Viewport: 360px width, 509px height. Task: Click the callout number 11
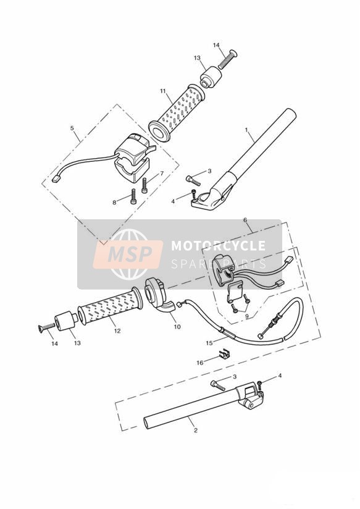pos(162,91)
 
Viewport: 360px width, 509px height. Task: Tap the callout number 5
pos(72,128)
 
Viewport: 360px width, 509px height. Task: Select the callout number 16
pos(200,363)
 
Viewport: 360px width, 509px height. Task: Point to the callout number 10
pos(177,327)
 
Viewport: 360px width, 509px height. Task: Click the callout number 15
pos(209,343)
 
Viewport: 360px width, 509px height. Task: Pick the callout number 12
pos(117,330)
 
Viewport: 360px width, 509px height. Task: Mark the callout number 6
pos(245,220)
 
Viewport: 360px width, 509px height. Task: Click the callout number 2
pos(195,431)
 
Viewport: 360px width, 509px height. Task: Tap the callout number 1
pos(246,130)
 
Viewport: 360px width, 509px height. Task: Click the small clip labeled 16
pos(222,355)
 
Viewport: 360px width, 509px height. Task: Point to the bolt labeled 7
pos(144,185)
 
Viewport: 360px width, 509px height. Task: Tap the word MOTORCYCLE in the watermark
pos(218,245)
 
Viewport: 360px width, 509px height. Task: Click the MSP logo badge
pos(128,254)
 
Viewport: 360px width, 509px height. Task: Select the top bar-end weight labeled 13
pos(211,77)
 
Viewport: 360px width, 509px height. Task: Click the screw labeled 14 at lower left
pos(46,328)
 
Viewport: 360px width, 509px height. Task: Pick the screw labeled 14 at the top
pos(228,59)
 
